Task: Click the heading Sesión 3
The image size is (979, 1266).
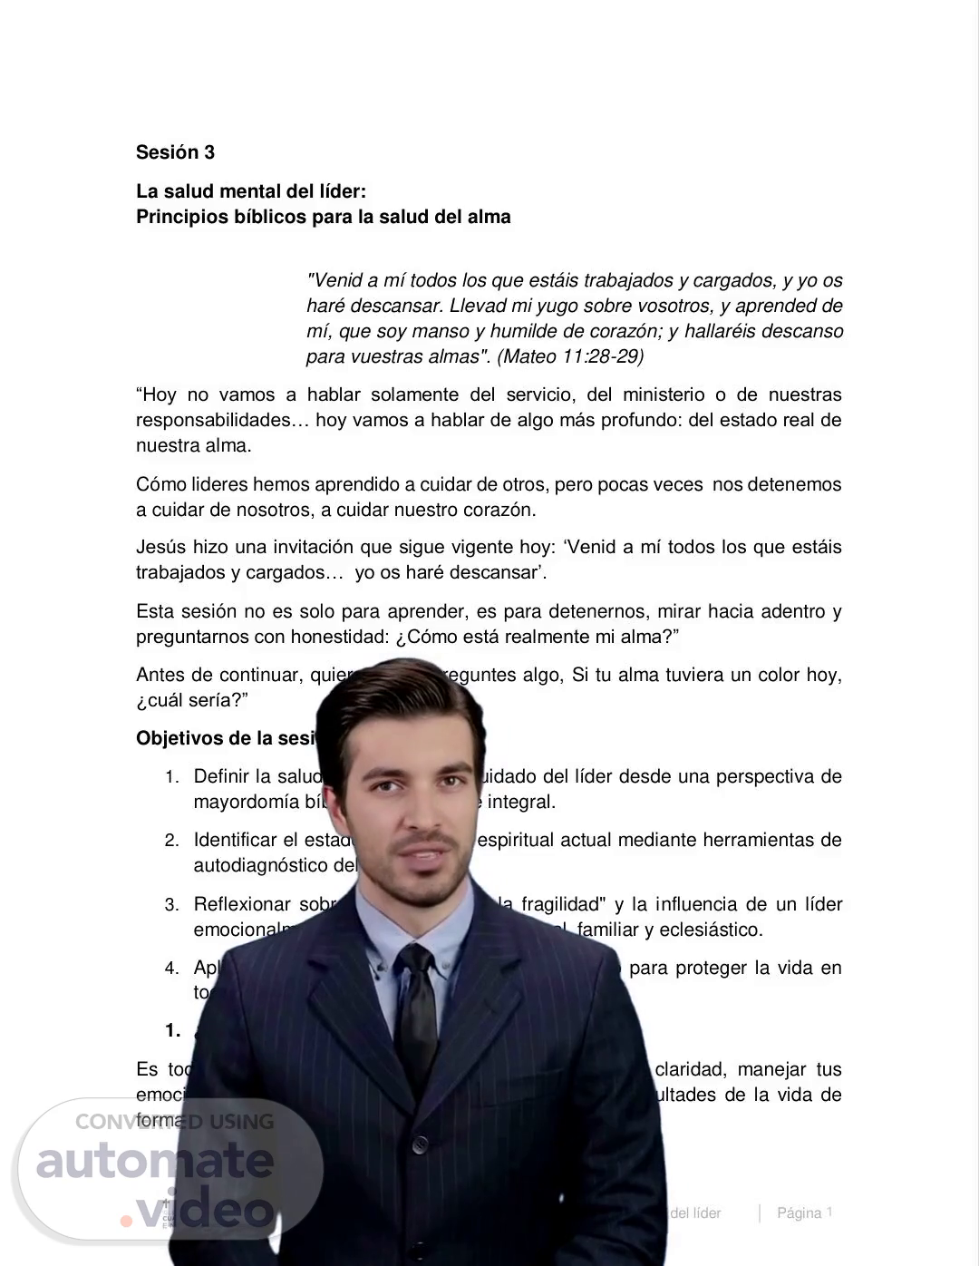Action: pyautogui.click(x=175, y=152)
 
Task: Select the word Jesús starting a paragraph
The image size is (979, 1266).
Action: pyautogui.click(x=160, y=548)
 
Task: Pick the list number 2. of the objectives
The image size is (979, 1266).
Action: pyautogui.click(x=171, y=841)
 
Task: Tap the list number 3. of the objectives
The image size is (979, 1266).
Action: pyautogui.click(x=171, y=905)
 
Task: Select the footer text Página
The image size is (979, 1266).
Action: pyautogui.click(x=799, y=1213)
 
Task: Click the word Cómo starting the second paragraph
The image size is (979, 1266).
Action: pyautogui.click(x=160, y=484)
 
